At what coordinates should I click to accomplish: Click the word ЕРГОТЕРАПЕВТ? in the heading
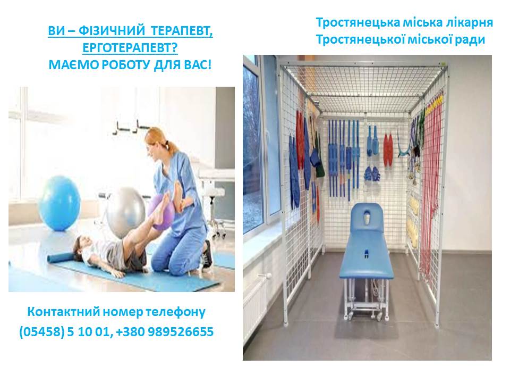pos(130,48)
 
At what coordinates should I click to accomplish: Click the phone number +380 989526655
pos(165,331)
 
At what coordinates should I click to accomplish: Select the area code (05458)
pos(42,332)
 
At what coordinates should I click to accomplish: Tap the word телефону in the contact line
pos(175,312)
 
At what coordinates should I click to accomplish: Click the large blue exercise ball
pos(59,203)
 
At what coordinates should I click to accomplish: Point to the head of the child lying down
pos(82,246)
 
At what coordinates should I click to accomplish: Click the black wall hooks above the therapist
pos(130,127)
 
